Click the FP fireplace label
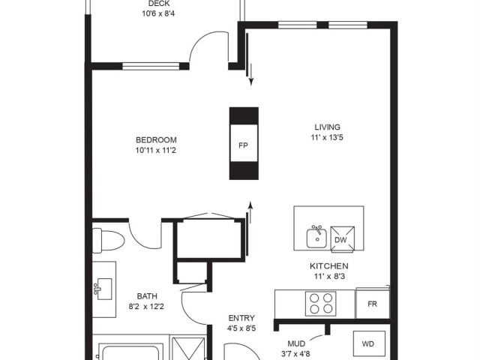click(243, 145)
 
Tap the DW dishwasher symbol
click(343, 239)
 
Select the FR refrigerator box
click(373, 304)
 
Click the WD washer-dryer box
click(369, 343)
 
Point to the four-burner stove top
click(320, 304)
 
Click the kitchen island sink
click(316, 237)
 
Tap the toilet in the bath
click(108, 240)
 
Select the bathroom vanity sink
click(103, 289)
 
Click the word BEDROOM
click(156, 140)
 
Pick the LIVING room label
click(327, 127)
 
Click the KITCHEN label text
click(329, 266)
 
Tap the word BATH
click(147, 296)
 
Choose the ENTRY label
click(241, 318)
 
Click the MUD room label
click(296, 343)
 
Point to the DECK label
click(159, 4)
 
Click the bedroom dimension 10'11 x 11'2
click(156, 150)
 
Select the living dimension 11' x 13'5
click(327, 137)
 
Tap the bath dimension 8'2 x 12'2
click(146, 307)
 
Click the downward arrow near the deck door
click(251, 74)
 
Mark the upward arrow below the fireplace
click(250, 213)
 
